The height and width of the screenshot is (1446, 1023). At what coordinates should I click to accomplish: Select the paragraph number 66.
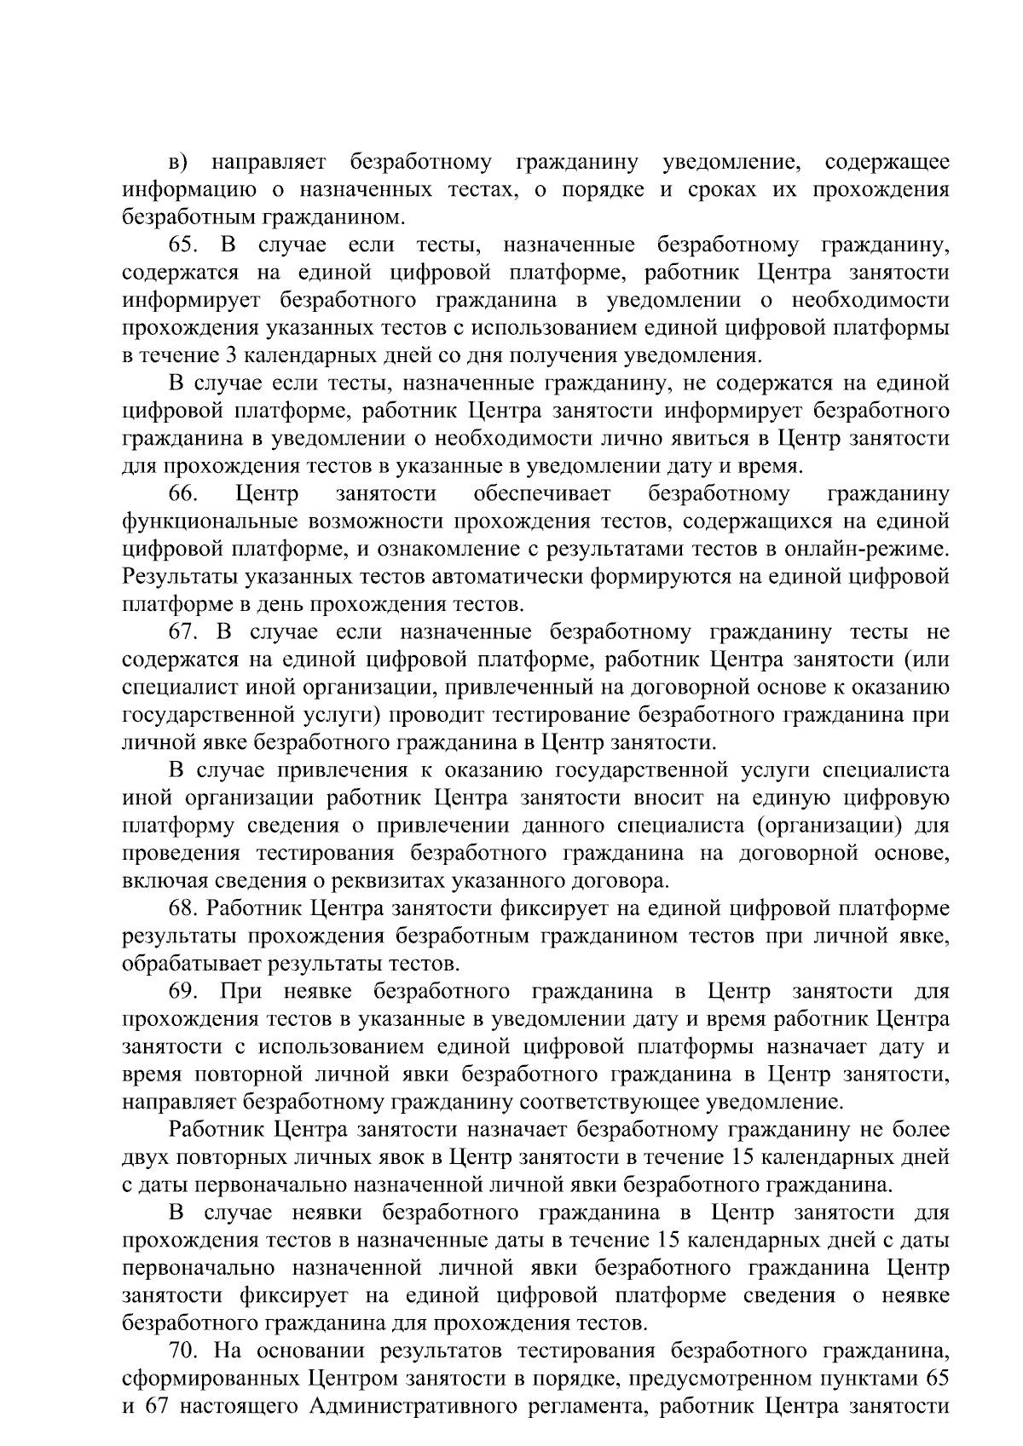pos(183,494)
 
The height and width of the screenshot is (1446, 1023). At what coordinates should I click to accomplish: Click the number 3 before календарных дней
pos(231,356)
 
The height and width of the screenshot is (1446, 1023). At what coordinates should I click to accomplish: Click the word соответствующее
pos(610,1103)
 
